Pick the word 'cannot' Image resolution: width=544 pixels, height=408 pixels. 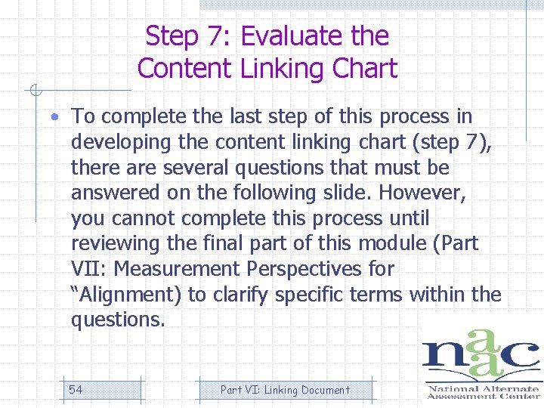pyautogui.click(x=138, y=218)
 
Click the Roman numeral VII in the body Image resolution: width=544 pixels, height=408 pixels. pyautogui.click(x=87, y=269)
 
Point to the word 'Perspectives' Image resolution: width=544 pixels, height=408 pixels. pyautogui.click(x=308, y=269)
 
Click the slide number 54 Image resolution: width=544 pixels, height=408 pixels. pyautogui.click(x=76, y=390)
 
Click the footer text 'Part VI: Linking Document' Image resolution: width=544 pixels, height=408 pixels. pyautogui.click(x=285, y=390)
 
